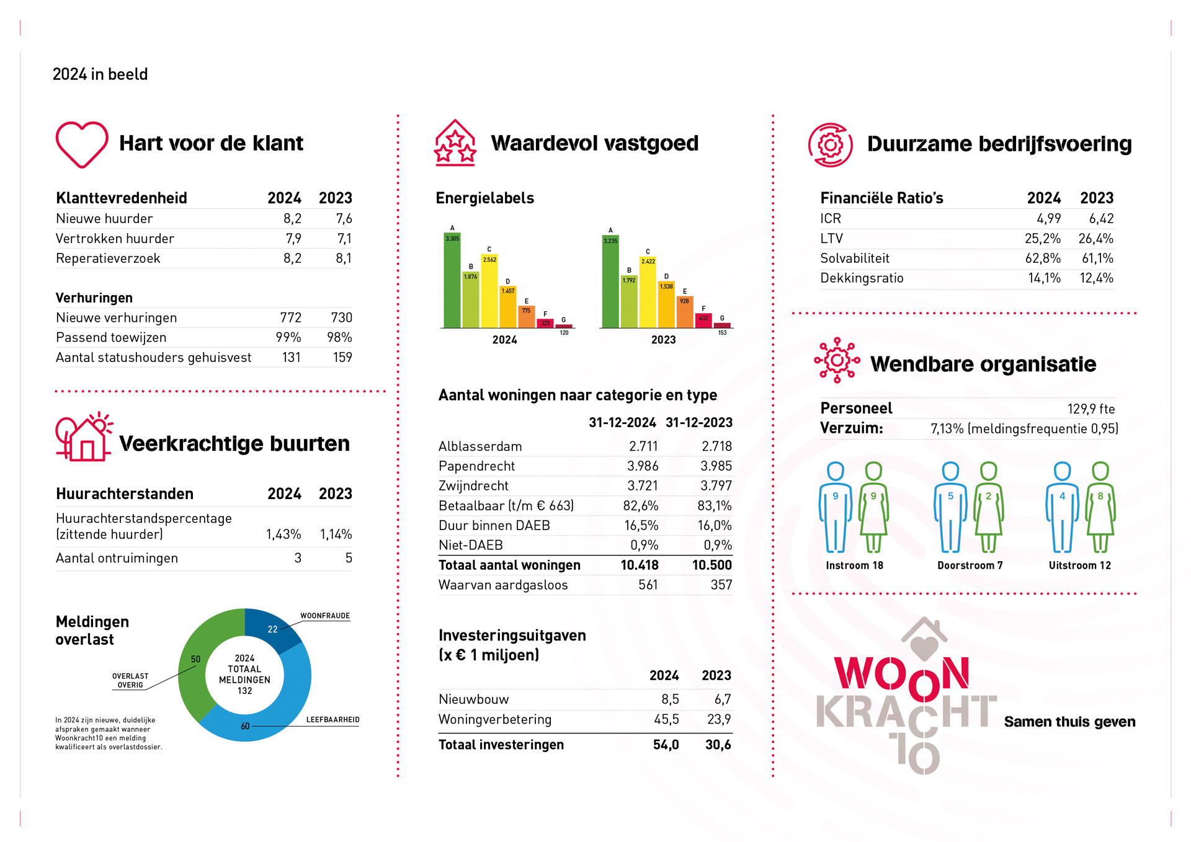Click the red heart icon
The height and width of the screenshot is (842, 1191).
(82, 144)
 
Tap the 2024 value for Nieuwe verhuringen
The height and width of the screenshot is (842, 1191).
(290, 318)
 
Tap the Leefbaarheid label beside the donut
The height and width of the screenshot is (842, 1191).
(332, 720)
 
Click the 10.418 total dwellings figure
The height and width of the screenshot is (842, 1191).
(639, 565)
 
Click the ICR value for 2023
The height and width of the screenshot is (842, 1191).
(1101, 219)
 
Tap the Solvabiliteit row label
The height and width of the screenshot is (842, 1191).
(854, 259)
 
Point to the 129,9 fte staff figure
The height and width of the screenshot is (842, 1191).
(1091, 409)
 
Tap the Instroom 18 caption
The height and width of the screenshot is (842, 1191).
(854, 565)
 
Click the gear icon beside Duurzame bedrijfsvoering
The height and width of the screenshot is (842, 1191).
(830, 145)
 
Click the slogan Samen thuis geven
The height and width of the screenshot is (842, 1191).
(1069, 722)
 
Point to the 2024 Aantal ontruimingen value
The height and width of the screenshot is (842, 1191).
(298, 559)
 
